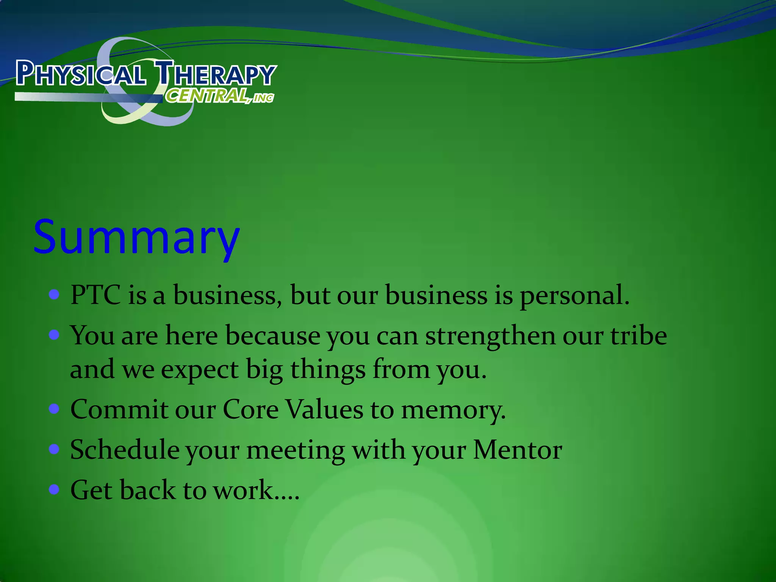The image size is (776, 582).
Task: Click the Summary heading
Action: (136, 238)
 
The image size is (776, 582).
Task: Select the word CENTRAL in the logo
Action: (207, 95)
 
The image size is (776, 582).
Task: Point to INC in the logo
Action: (263, 98)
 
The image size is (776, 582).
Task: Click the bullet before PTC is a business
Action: (55, 294)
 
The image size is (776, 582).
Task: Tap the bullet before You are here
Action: (55, 335)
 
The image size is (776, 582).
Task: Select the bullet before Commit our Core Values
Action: (55, 409)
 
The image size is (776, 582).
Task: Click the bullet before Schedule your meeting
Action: (55, 449)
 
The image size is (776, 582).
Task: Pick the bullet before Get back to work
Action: (55, 489)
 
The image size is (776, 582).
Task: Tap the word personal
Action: (574, 296)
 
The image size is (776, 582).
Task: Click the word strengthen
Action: (490, 336)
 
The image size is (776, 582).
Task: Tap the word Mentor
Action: (517, 450)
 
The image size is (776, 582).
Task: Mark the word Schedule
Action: (125, 450)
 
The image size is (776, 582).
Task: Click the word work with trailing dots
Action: (256, 490)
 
